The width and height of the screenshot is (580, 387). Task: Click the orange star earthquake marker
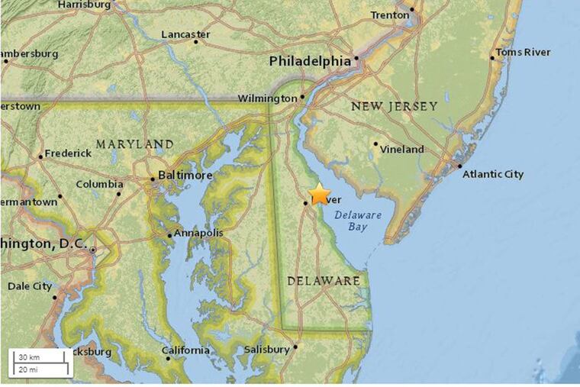coord(320,194)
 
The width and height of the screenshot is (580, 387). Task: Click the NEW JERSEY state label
coord(394,106)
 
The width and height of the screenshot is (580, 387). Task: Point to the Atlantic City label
coord(493,174)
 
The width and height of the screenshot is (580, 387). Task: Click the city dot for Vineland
coord(375,143)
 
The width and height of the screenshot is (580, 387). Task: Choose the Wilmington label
coord(267,98)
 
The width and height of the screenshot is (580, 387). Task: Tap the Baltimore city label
coord(185,176)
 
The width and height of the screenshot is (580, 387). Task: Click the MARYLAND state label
coord(134,144)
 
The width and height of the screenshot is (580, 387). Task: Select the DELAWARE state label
coord(324,281)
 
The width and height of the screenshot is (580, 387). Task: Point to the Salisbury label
coord(266,350)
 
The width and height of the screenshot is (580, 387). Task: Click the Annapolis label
coord(198,233)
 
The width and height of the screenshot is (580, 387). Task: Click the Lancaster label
coord(185,34)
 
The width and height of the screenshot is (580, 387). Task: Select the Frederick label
coord(68,153)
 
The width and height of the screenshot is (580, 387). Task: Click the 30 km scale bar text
coord(29,357)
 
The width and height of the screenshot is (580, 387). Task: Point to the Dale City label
coord(30,286)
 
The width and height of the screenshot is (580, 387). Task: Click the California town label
coord(185,350)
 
